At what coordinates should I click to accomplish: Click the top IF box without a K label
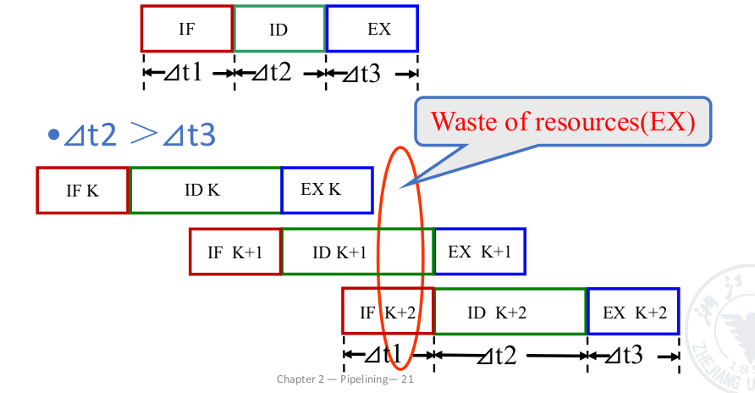(x=187, y=29)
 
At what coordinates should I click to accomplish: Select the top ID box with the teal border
(x=279, y=29)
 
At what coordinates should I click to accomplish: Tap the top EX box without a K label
(x=372, y=29)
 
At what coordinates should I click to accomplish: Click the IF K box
(x=82, y=190)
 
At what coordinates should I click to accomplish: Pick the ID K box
(x=205, y=190)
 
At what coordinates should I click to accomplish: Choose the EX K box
(x=327, y=190)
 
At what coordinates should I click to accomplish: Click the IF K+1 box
(x=235, y=252)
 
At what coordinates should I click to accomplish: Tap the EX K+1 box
(x=479, y=252)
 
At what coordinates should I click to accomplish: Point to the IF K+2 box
(x=388, y=312)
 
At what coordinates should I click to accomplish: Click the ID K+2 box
(x=510, y=312)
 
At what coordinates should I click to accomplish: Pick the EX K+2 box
(x=633, y=312)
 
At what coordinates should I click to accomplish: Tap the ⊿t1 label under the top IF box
(x=187, y=74)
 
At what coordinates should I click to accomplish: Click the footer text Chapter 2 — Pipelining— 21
(x=344, y=379)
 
